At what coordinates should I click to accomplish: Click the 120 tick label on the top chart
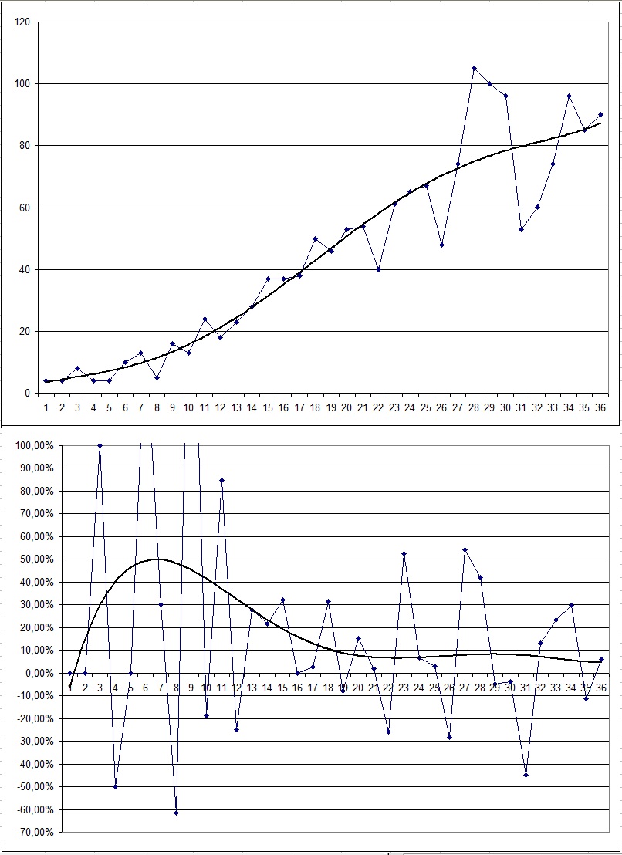22,22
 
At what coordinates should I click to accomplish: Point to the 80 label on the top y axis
24,145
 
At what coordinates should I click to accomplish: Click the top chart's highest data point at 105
474,68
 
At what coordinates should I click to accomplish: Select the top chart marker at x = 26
442,245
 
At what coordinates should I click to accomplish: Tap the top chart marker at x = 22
379,269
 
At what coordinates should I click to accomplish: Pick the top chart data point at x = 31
521,229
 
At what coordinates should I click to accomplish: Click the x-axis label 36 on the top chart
600,406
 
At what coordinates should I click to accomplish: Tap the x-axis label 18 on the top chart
315,406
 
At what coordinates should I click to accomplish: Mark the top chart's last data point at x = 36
600,114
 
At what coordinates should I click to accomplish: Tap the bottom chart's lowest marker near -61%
176,813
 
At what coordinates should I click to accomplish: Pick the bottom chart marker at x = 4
115,786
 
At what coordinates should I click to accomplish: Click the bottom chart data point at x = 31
526,775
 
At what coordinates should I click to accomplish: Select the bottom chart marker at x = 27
465,549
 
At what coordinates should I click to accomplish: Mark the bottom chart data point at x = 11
221,480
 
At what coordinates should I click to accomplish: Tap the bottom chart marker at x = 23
404,553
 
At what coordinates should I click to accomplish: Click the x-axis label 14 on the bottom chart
267,687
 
